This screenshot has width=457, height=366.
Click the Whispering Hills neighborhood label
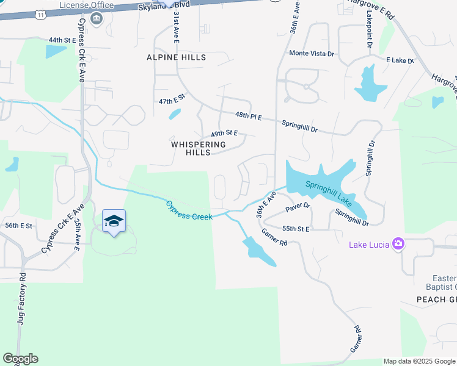click(x=199, y=148)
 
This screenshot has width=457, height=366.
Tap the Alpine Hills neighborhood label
click(x=176, y=57)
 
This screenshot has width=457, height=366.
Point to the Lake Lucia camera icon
click(x=398, y=244)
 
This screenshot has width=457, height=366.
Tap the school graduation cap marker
click(x=114, y=221)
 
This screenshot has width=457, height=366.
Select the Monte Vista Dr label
click(x=312, y=54)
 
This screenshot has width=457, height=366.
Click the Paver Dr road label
click(x=298, y=207)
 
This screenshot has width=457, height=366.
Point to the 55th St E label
click(x=296, y=229)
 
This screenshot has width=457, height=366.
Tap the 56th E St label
click(x=18, y=226)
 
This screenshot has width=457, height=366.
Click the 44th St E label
click(x=62, y=40)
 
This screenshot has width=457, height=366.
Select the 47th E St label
click(x=171, y=100)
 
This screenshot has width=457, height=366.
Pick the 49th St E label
click(x=224, y=133)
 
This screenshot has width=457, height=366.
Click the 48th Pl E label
click(x=249, y=116)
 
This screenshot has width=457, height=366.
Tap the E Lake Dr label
click(x=400, y=61)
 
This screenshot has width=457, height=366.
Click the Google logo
click(x=20, y=359)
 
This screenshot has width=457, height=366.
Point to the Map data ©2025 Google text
click(x=419, y=361)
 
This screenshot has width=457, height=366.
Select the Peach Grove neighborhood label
click(x=436, y=300)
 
